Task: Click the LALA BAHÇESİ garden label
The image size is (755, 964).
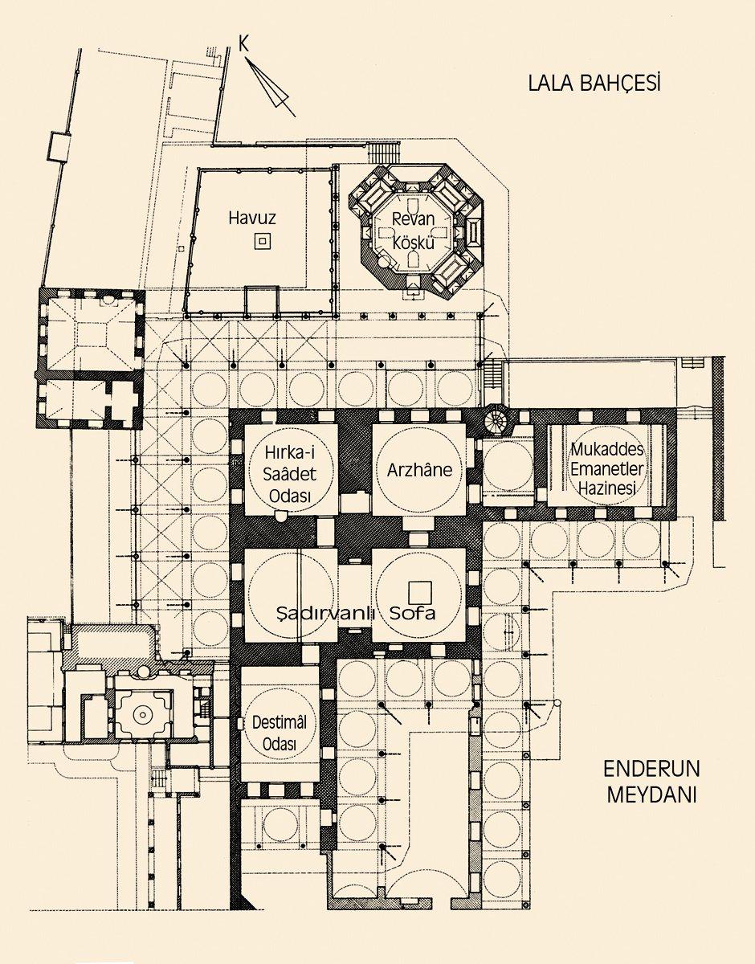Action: (594, 83)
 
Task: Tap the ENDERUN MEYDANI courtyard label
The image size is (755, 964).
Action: (651, 782)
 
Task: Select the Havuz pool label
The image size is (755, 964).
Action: (252, 218)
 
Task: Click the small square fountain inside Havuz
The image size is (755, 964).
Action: (263, 242)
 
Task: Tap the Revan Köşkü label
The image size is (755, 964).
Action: (414, 231)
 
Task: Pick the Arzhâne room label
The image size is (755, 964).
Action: (419, 470)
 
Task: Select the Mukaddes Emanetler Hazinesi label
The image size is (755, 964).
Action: (607, 468)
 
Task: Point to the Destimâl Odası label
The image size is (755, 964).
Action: (280, 733)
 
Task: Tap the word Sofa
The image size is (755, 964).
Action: (412, 613)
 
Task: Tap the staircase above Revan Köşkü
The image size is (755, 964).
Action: (386, 153)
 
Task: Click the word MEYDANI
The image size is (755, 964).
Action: (651, 794)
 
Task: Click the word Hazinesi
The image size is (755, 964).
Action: (607, 488)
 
